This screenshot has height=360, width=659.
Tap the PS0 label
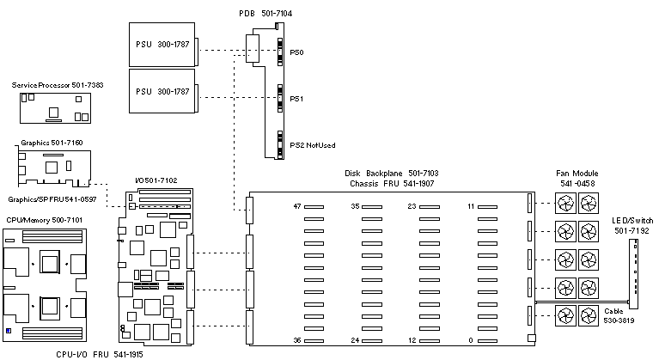[297, 52]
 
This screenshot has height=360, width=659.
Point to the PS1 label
[297, 99]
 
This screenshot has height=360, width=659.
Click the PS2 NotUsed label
[313, 145]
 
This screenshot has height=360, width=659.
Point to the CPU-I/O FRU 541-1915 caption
[76, 354]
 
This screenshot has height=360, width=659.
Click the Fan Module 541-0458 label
[577, 178]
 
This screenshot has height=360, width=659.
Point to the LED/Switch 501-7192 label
[632, 226]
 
